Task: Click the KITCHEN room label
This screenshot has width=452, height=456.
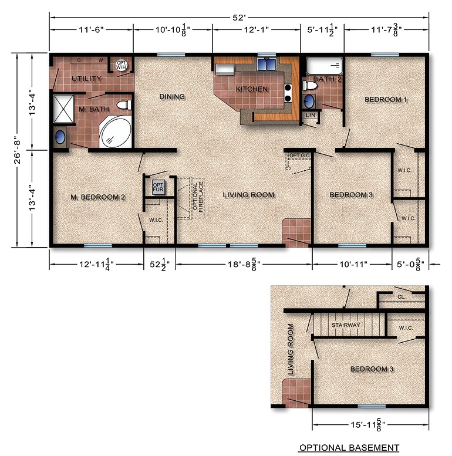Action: point(252,89)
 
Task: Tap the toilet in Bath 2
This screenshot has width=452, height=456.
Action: point(311,86)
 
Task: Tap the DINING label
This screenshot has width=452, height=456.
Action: point(172,97)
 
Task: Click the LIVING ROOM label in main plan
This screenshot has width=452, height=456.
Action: point(249,195)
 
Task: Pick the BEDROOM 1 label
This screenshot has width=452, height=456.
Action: point(386,100)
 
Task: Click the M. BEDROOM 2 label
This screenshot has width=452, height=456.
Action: point(98,197)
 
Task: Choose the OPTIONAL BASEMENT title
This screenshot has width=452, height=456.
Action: point(349,448)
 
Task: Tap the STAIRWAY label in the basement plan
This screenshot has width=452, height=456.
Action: point(345,325)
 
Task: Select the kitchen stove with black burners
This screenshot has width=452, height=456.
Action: point(288,93)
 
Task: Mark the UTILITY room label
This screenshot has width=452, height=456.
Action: point(87,79)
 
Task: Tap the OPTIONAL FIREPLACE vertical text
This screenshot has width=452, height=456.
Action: point(198,197)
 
